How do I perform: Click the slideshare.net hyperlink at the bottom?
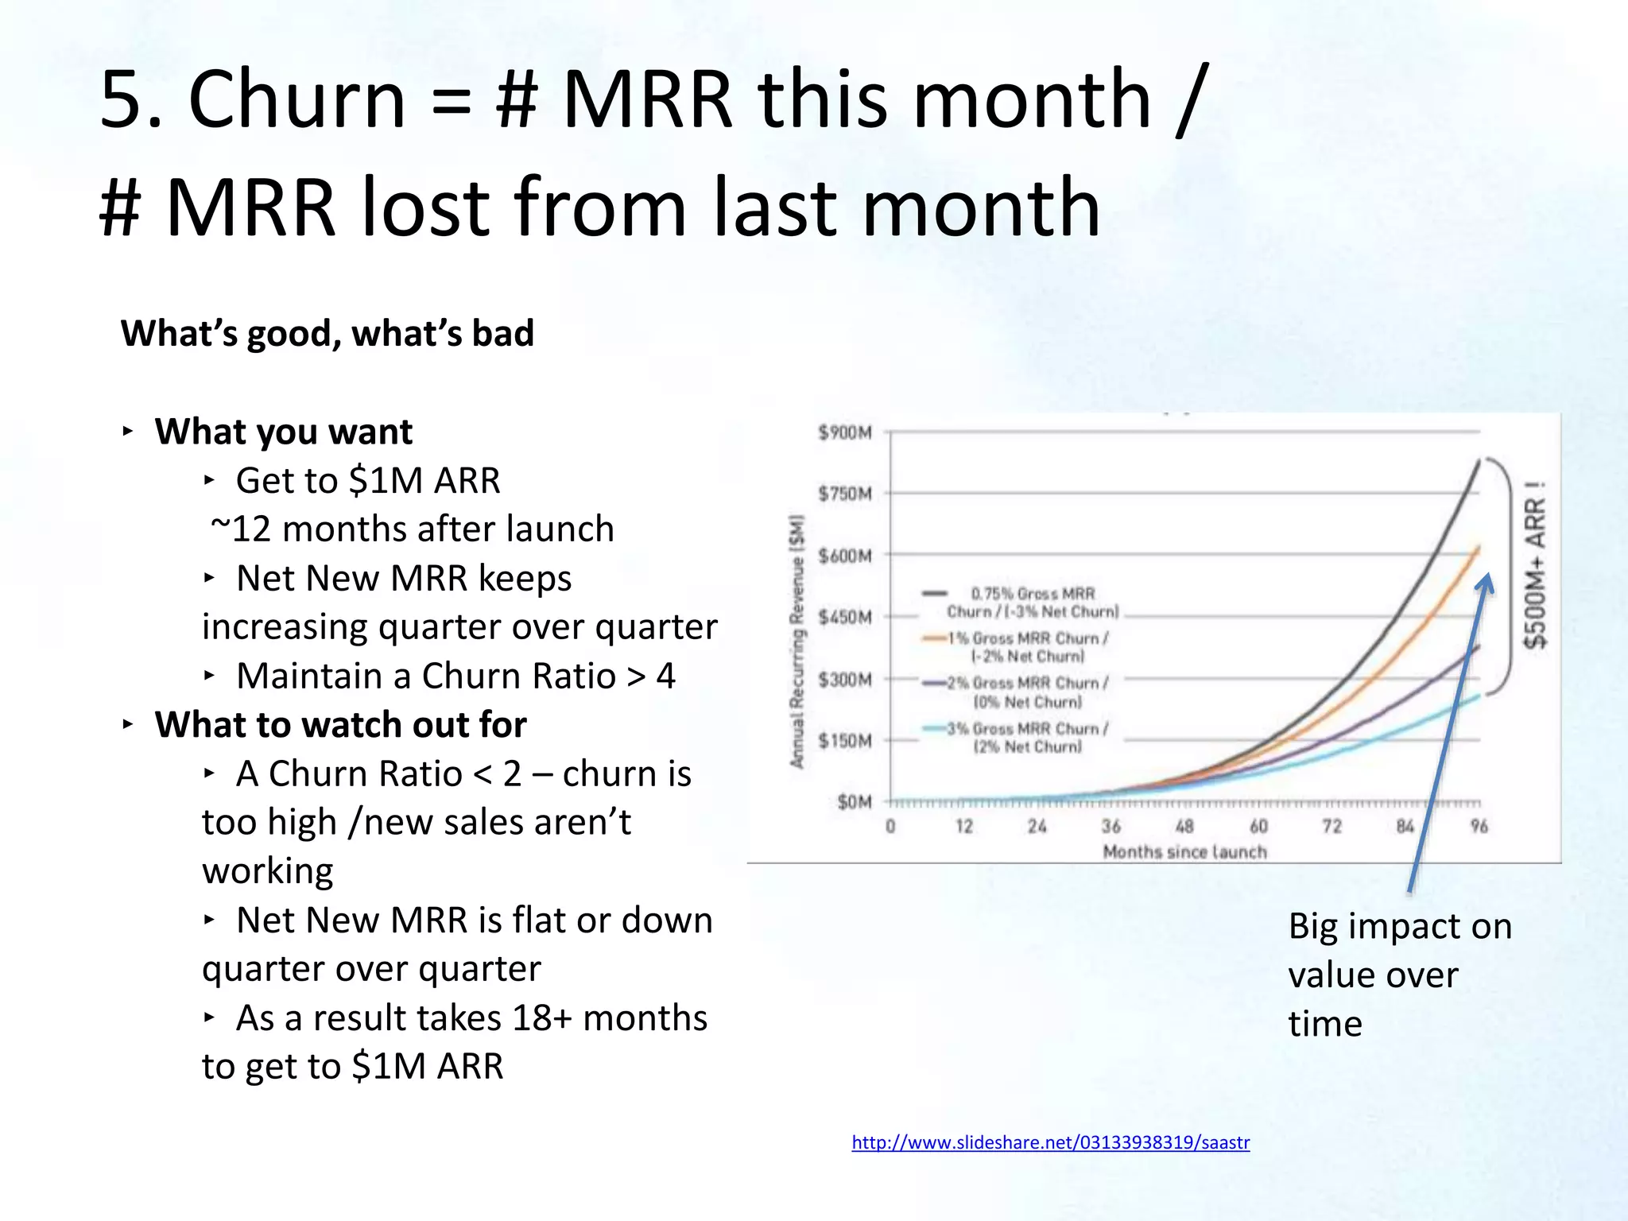click(1050, 1142)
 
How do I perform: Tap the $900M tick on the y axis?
click(845, 432)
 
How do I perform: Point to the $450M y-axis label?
click(845, 618)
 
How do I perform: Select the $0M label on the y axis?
click(854, 802)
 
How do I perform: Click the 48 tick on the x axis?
click(1184, 827)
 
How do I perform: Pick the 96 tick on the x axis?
click(1479, 827)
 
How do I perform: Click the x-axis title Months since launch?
click(1184, 852)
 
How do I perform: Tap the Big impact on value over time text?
click(1399, 975)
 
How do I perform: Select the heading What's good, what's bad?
click(327, 333)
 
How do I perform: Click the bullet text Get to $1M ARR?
click(367, 480)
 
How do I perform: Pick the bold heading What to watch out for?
click(340, 724)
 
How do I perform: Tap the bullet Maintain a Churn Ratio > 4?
click(455, 676)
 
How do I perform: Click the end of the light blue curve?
click(1479, 696)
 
